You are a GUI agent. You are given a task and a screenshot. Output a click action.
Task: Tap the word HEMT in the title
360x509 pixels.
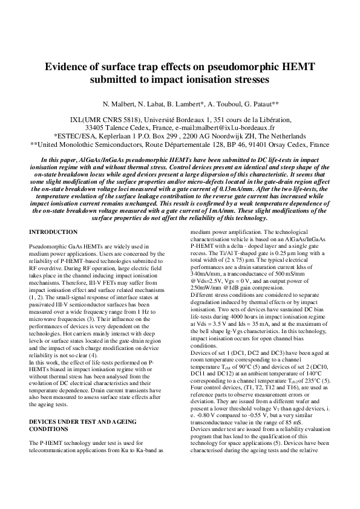(x=293, y=66)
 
